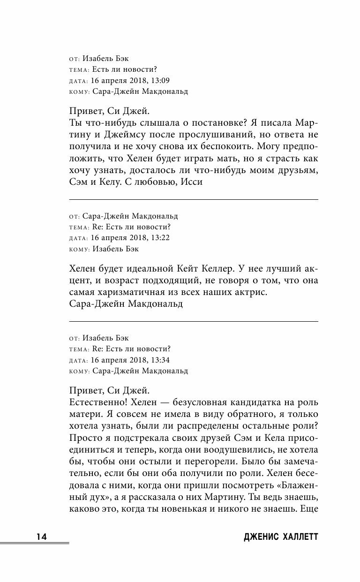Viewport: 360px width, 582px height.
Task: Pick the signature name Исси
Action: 193,181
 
